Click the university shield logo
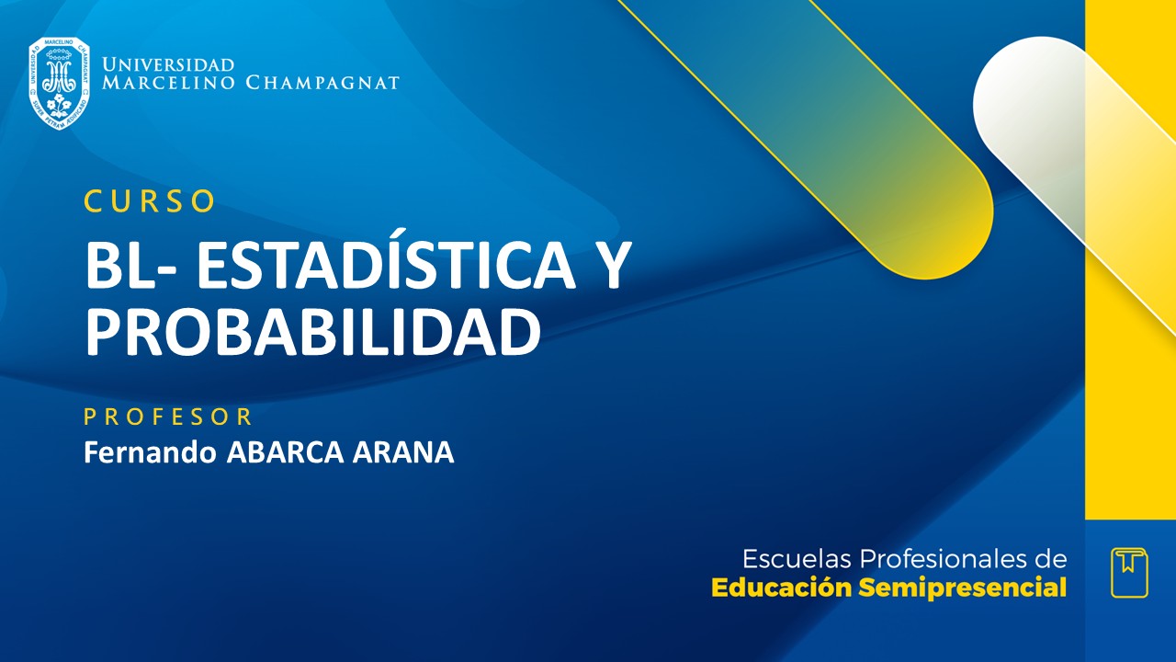click(60, 83)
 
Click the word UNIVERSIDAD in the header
click(168, 64)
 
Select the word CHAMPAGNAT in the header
click(322, 84)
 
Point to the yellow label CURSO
click(150, 201)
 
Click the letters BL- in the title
click(131, 267)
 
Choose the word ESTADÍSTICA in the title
click(387, 267)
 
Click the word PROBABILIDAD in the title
click(312, 332)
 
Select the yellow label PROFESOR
click(168, 417)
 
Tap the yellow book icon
click(1129, 573)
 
